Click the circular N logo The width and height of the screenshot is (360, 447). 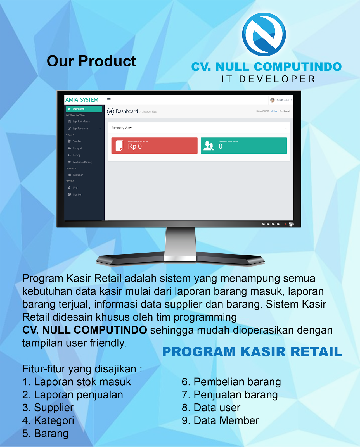[264, 34]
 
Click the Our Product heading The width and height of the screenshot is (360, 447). [91, 61]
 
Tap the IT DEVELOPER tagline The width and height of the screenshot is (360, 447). [268, 79]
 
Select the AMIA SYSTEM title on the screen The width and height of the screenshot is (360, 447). [82, 100]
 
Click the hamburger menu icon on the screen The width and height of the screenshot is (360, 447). [109, 100]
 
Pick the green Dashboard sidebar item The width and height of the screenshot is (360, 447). [84, 109]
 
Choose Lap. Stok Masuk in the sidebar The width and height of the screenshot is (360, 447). [81, 122]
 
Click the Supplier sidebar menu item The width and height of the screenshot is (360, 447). [77, 141]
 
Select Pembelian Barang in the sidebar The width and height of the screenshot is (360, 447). [82, 162]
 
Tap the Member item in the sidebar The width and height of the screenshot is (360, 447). [77, 194]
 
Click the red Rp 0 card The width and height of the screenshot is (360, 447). [154, 146]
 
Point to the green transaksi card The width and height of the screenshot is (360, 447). [244, 146]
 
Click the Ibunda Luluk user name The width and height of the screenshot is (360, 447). [282, 100]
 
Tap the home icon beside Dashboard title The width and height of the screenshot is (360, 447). [111, 111]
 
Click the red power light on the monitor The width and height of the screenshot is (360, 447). [285, 224]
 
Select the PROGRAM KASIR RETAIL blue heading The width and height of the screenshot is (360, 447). [252, 352]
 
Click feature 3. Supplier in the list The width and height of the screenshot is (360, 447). [48, 408]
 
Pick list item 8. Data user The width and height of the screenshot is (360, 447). [211, 408]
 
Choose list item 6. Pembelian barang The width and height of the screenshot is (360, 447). [231, 382]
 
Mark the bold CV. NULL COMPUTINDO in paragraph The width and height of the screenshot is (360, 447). [85, 330]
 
